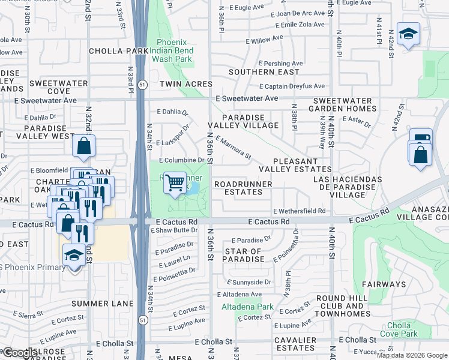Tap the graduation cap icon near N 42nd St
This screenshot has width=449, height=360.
click(x=408, y=35)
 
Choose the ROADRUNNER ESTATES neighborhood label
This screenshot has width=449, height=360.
click(x=239, y=188)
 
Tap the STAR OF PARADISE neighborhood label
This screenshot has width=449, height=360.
click(x=244, y=255)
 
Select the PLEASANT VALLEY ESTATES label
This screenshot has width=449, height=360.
click(x=303, y=166)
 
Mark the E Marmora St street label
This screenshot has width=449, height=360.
click(x=233, y=148)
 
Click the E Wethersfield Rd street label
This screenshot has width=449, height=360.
click(x=299, y=211)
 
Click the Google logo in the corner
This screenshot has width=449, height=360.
click(x=19, y=353)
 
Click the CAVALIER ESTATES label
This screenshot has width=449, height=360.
click(x=295, y=344)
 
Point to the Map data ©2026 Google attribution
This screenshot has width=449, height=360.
click(x=412, y=355)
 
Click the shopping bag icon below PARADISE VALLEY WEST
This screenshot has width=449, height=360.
click(x=84, y=145)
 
